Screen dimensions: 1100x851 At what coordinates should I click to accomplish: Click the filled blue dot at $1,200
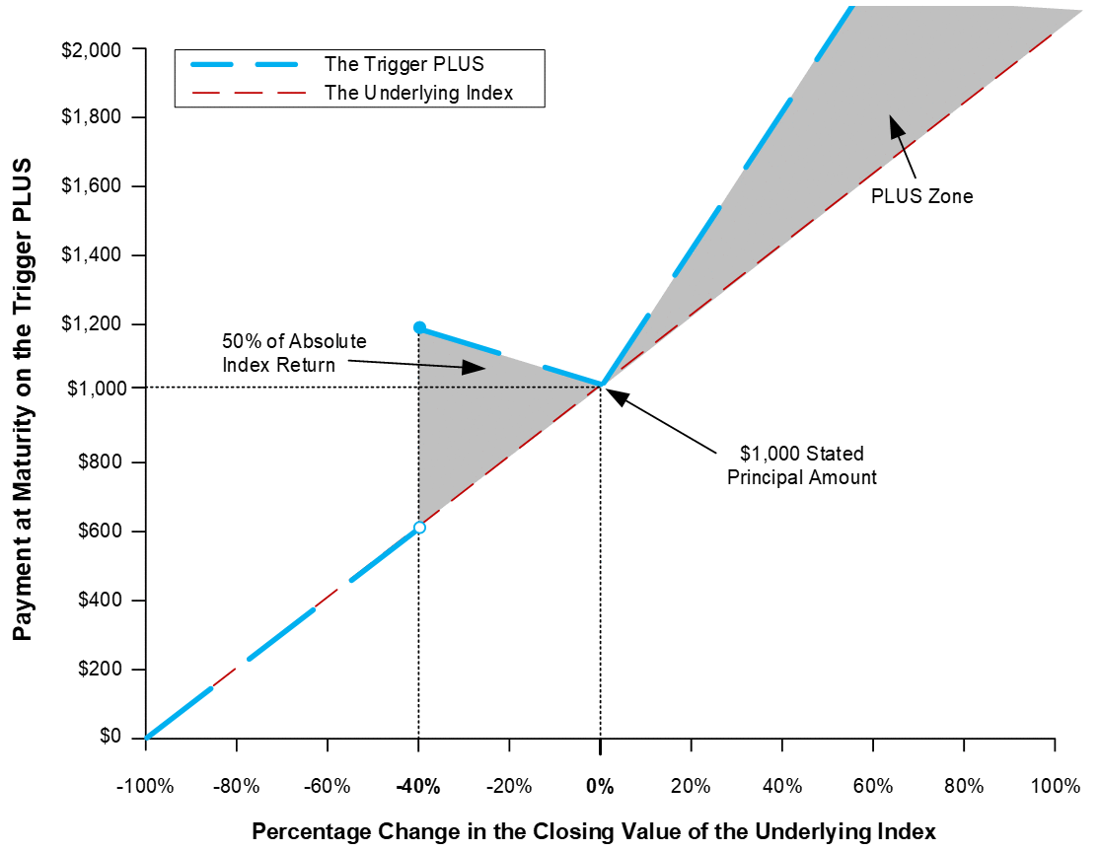coord(419,327)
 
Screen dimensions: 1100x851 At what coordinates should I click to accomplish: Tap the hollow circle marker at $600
coord(419,528)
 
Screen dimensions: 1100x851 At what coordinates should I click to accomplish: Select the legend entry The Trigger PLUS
coord(404,64)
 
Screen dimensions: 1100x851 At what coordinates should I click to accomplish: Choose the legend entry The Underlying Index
coord(419,93)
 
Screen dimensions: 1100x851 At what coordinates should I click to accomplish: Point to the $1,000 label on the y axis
coord(97,389)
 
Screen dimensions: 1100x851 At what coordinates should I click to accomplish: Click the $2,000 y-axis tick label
coord(91,50)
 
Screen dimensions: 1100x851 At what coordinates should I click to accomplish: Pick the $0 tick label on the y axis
coord(110,736)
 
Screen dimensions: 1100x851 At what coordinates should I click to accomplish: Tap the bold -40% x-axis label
coord(418,787)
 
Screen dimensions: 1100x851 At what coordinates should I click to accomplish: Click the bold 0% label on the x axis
coord(600,787)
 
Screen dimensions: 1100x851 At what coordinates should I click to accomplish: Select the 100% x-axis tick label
coord(1055,786)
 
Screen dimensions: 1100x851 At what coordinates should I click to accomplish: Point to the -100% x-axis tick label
coord(145,786)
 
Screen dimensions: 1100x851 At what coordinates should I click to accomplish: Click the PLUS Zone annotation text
coord(921,196)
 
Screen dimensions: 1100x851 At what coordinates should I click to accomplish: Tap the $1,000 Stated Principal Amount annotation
coord(802,465)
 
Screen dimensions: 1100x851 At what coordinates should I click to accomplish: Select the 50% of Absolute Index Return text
coord(295,353)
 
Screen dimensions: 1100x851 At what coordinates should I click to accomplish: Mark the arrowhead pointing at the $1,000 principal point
coord(614,395)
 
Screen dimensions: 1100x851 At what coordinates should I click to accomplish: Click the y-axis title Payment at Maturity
coord(23,399)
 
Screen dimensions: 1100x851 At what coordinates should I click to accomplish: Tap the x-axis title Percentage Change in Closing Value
coord(594,831)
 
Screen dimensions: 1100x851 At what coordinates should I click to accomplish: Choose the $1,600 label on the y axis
coord(91,185)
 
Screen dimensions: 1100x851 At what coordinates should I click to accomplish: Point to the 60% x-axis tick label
coord(873,786)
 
